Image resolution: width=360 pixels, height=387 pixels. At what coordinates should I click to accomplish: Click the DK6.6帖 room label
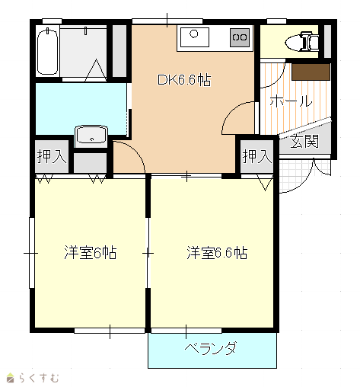[184, 80]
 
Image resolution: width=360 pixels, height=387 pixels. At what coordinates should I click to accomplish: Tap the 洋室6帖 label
[91, 252]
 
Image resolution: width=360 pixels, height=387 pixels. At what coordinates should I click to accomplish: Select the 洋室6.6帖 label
[217, 252]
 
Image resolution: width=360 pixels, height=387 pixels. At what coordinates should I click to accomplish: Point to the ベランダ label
[211, 348]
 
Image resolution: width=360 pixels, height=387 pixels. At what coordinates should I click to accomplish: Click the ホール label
[291, 101]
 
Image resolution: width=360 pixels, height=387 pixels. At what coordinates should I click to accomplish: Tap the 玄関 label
[304, 141]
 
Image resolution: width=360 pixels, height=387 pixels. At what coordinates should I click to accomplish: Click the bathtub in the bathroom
[47, 52]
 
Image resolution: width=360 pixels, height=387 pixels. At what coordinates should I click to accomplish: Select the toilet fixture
[302, 41]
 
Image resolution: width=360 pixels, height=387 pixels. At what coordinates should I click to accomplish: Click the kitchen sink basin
[195, 37]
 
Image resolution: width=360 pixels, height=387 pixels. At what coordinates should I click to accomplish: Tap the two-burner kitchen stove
[240, 37]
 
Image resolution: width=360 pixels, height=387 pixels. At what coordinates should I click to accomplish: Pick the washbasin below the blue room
[91, 136]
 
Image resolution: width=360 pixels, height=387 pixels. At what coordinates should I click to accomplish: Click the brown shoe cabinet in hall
[311, 72]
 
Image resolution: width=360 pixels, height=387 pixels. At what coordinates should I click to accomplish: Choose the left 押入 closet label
[52, 156]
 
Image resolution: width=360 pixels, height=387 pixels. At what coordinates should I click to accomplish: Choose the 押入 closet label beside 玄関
[257, 156]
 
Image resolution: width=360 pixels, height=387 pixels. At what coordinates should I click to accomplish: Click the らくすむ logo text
[39, 378]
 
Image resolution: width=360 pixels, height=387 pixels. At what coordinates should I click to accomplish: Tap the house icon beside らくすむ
[11, 378]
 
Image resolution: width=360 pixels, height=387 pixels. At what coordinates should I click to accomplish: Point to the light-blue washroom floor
[81, 109]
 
